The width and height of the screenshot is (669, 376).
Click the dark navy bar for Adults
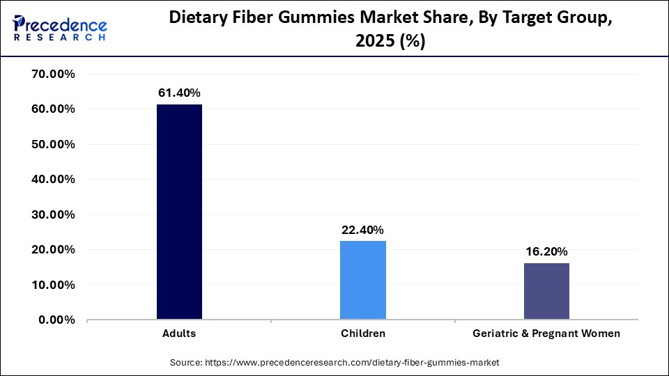pyautogui.click(x=179, y=212)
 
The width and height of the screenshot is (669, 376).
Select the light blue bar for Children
pyautogui.click(x=362, y=281)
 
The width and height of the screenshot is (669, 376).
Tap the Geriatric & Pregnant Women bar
pyautogui.click(x=546, y=292)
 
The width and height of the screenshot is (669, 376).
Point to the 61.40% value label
pyautogui.click(x=179, y=93)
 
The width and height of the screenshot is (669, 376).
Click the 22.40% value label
pyautogui.click(x=362, y=230)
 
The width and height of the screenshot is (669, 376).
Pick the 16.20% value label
pyautogui.click(x=546, y=251)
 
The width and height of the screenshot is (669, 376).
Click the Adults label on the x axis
pyautogui.click(x=179, y=334)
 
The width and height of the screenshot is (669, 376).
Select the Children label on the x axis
pyautogui.click(x=362, y=334)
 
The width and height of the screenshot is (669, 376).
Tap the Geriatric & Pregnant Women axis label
pyautogui.click(x=546, y=334)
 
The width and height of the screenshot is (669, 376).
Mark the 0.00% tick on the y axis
pyautogui.click(x=56, y=320)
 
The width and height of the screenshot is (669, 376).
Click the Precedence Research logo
pyautogui.click(x=60, y=27)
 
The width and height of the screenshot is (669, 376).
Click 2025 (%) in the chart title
pyautogui.click(x=390, y=42)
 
